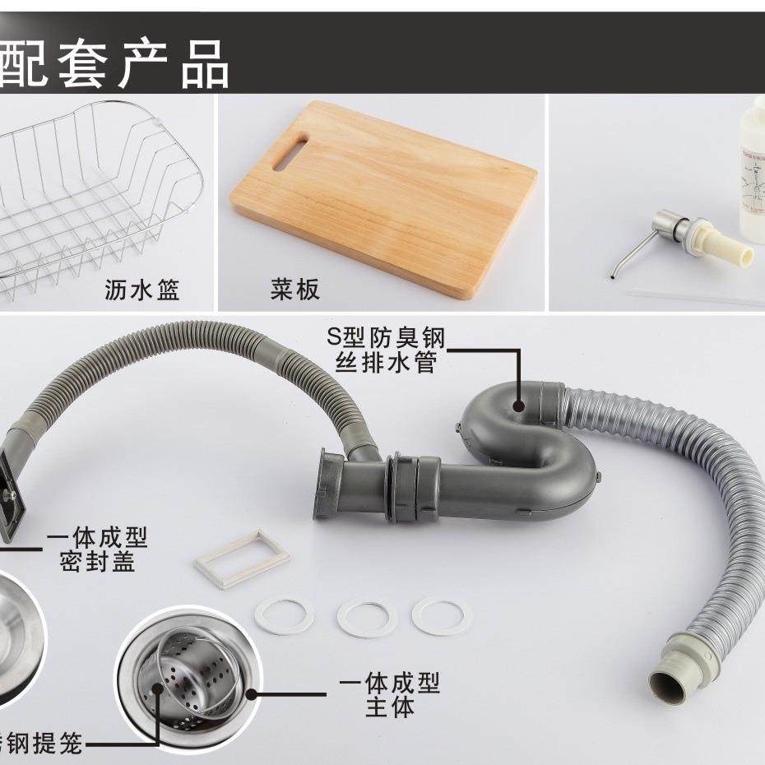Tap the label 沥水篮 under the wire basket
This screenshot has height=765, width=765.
(x=142, y=290)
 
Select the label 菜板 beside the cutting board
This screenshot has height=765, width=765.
(x=294, y=290)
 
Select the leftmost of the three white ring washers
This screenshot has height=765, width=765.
(x=284, y=614)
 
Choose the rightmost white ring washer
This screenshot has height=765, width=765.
(x=443, y=615)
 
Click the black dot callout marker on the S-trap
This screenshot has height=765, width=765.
(x=519, y=405)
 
